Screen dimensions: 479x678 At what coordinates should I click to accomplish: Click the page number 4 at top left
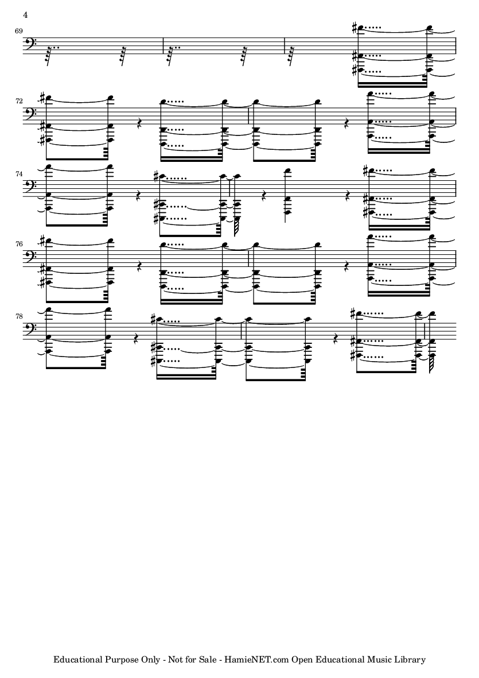coord(25,15)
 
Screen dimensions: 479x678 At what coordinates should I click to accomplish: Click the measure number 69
coord(18,31)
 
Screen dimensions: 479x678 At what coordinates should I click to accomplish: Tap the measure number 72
coord(18,101)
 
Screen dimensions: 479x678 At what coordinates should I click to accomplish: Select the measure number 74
coord(18,173)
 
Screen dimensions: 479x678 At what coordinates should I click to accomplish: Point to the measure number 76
coord(18,244)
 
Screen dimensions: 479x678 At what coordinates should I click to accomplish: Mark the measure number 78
coord(18,316)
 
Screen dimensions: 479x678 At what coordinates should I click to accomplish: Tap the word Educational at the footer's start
coord(77,660)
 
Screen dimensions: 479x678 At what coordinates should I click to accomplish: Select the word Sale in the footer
coord(207,660)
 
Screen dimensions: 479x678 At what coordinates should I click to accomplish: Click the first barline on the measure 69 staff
coord(163,45)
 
